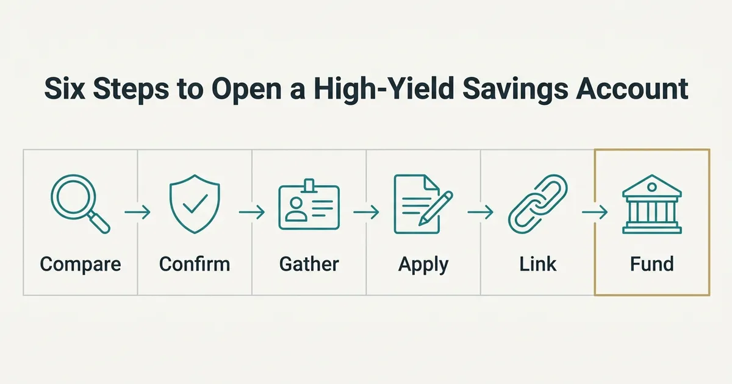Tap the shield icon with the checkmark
pos(195,204)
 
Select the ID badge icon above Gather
pos(309,204)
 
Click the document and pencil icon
pos(423,204)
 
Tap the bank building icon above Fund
pos(652,204)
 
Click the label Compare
pos(81,264)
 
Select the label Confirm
pos(195,264)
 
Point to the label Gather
pos(309,264)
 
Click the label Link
pos(537,264)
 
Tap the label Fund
pos(652,264)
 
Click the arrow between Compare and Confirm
pos(137,212)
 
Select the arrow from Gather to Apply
pos(366,212)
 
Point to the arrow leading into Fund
pos(595,212)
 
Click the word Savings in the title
pos(515,90)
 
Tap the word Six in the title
pos(65,89)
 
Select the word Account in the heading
pos(633,89)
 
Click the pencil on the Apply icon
pos(436,208)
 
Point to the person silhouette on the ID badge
pos(296,209)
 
